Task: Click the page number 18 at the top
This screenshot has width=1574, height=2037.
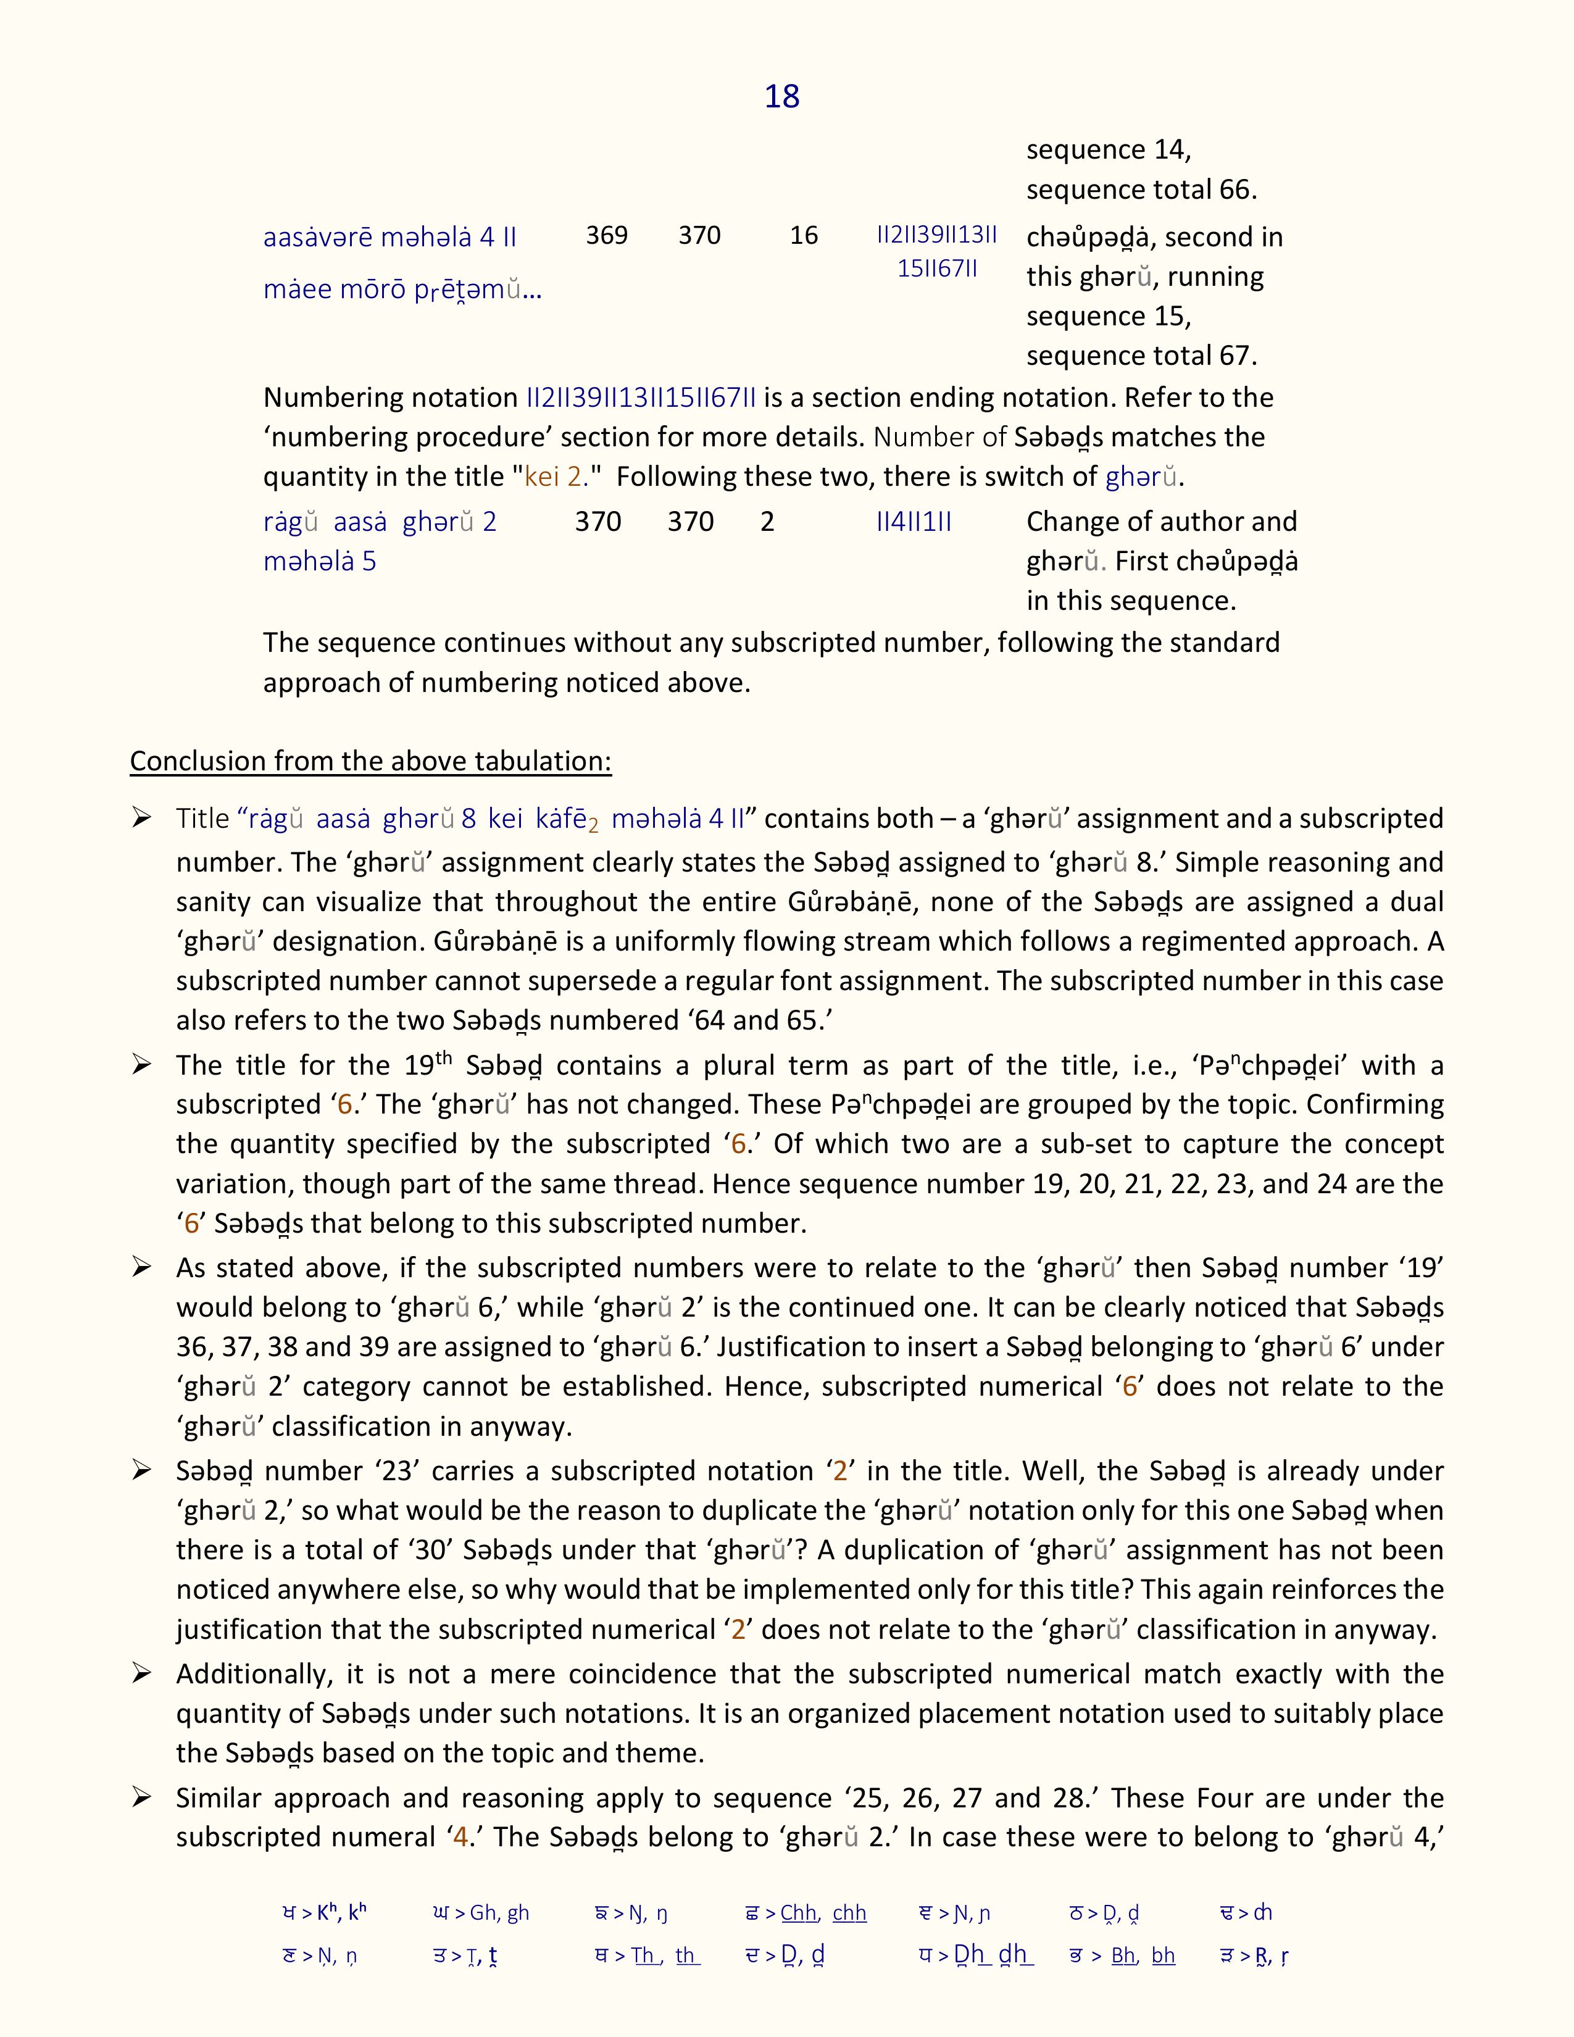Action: (x=781, y=97)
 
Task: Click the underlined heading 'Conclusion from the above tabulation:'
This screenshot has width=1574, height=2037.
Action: (x=370, y=761)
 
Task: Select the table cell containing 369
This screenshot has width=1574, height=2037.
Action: (x=606, y=235)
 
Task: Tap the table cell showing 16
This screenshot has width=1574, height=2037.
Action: (x=804, y=235)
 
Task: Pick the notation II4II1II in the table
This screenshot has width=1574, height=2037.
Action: (x=914, y=522)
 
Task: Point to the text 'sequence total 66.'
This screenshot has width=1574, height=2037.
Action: (x=1141, y=190)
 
